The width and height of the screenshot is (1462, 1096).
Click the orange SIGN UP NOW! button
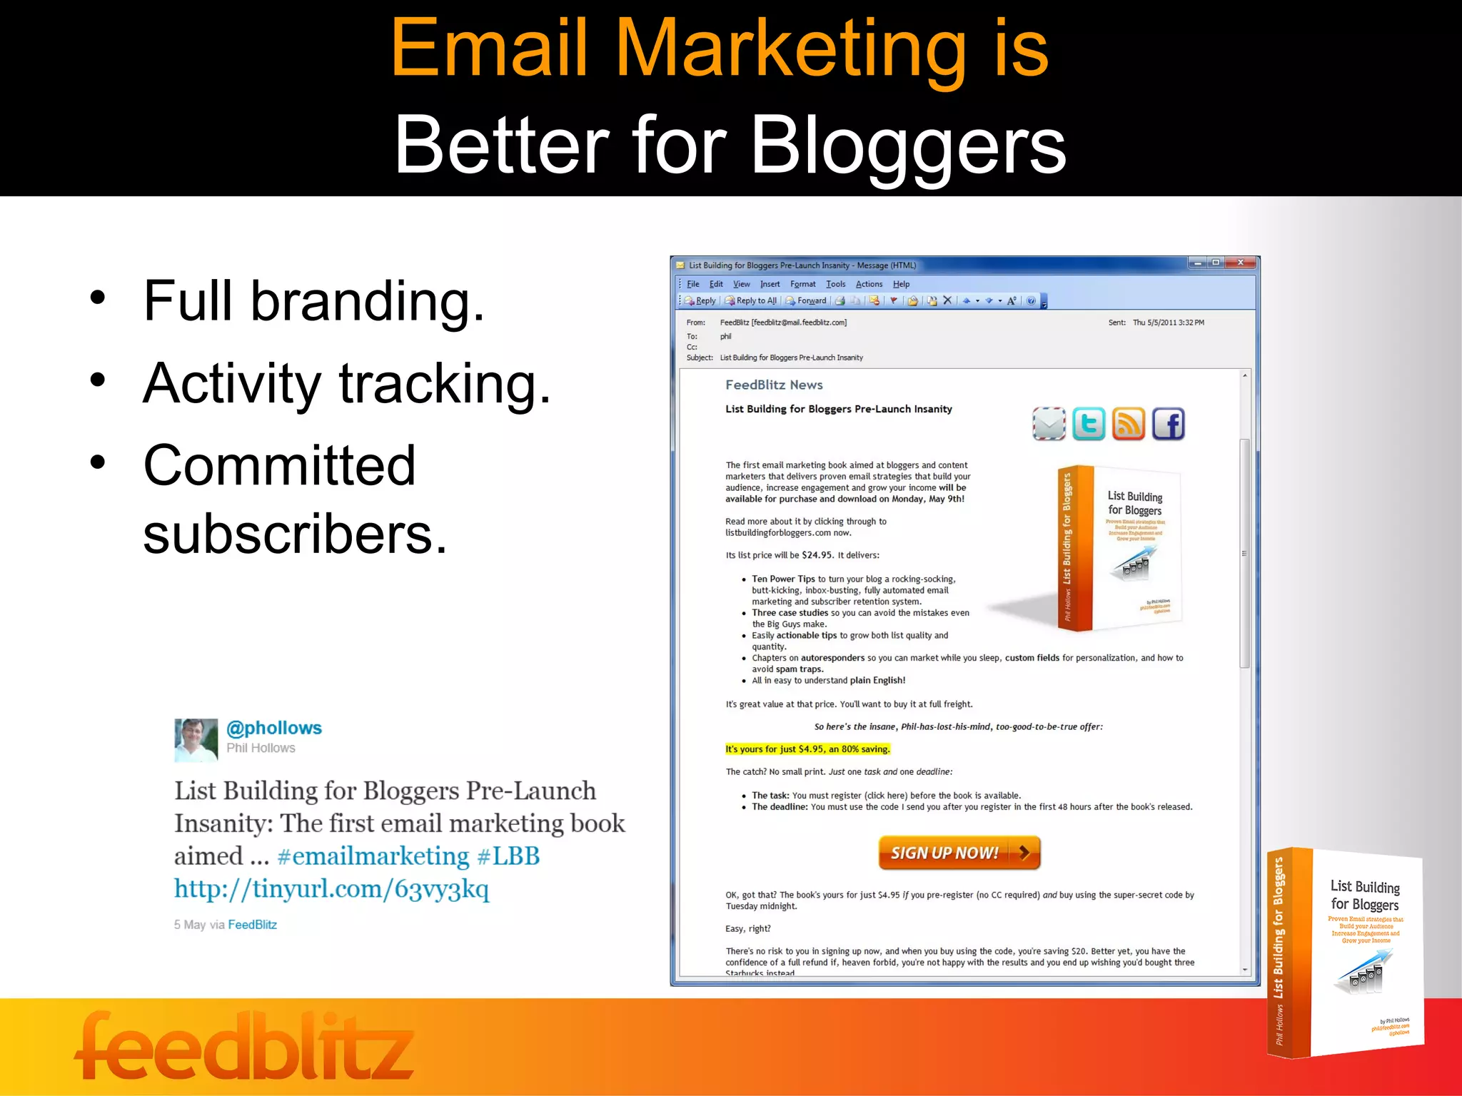point(959,853)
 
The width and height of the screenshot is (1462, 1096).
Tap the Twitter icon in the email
point(1089,424)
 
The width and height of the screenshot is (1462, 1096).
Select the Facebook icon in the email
point(1168,424)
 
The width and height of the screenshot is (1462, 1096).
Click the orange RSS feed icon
point(1128,424)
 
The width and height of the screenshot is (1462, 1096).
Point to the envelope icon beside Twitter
point(1049,424)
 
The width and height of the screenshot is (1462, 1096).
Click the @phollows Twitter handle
point(274,728)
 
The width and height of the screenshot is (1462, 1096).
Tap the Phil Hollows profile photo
point(196,740)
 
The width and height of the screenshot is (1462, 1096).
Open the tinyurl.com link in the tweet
point(332,889)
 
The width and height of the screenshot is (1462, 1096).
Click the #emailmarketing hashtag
point(373,856)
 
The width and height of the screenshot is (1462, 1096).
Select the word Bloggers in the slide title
point(908,146)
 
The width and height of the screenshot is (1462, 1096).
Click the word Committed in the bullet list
point(279,465)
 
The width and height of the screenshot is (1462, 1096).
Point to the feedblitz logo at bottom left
point(244,1047)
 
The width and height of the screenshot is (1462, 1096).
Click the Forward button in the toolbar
point(807,300)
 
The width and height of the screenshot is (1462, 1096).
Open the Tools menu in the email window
point(835,284)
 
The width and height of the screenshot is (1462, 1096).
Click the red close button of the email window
point(1241,263)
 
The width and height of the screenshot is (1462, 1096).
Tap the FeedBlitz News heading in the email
point(774,385)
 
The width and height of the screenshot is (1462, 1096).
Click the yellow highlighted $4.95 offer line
point(807,749)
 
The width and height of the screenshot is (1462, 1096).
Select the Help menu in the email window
point(901,284)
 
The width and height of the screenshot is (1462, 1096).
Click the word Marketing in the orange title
point(790,49)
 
